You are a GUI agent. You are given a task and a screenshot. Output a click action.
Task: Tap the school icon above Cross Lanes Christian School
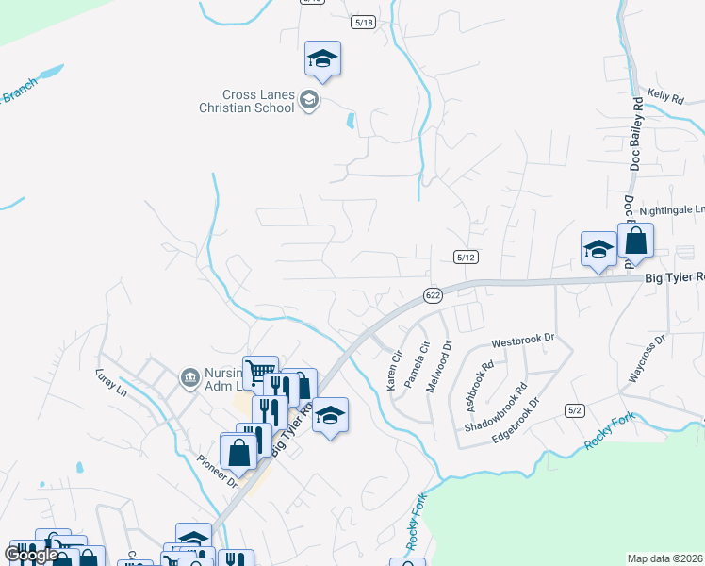tap(322, 58)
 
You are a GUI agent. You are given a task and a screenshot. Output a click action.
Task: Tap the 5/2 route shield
tap(575, 409)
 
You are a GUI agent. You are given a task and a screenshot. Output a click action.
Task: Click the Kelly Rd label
tap(665, 96)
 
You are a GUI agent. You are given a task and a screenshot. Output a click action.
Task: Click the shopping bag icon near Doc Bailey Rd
tap(635, 241)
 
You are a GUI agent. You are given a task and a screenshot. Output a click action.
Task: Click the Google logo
tap(31, 555)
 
